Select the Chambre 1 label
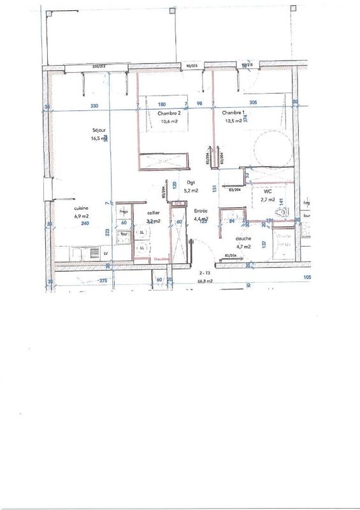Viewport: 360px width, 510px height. point(234,113)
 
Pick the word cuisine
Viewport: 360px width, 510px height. point(80,208)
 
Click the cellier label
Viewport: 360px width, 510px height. point(153,212)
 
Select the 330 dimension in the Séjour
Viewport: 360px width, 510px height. point(94,105)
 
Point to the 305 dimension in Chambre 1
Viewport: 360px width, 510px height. point(252,103)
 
